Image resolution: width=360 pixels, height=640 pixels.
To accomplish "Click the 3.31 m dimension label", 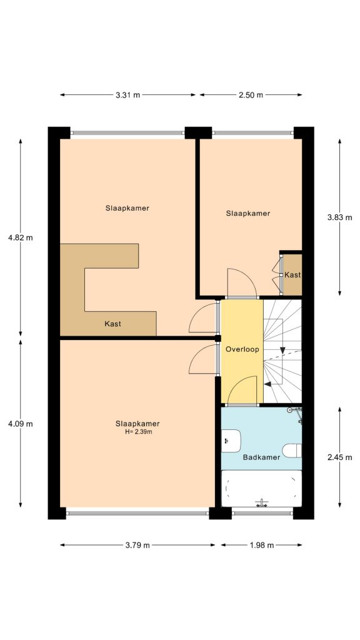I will (x=128, y=95).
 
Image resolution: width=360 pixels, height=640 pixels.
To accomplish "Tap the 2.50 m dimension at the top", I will (x=251, y=95).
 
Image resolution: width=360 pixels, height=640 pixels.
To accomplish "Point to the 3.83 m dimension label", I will (x=340, y=217).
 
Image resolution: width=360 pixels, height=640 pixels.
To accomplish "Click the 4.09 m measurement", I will (x=20, y=423).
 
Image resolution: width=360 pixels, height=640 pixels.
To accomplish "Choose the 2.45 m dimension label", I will (x=340, y=457).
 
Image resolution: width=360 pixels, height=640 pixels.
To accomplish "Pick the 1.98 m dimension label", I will (x=262, y=545).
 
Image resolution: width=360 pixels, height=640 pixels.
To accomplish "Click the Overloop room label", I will (x=242, y=349).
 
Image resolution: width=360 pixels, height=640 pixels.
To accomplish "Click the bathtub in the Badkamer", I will (x=262, y=489).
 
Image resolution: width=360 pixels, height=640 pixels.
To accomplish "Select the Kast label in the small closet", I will (x=292, y=275).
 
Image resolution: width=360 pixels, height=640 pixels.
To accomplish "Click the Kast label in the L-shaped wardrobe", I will (x=112, y=324).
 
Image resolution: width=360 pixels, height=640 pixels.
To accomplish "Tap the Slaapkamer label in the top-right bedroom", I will (x=247, y=213).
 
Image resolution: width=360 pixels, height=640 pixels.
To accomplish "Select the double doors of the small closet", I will (x=276, y=273).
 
